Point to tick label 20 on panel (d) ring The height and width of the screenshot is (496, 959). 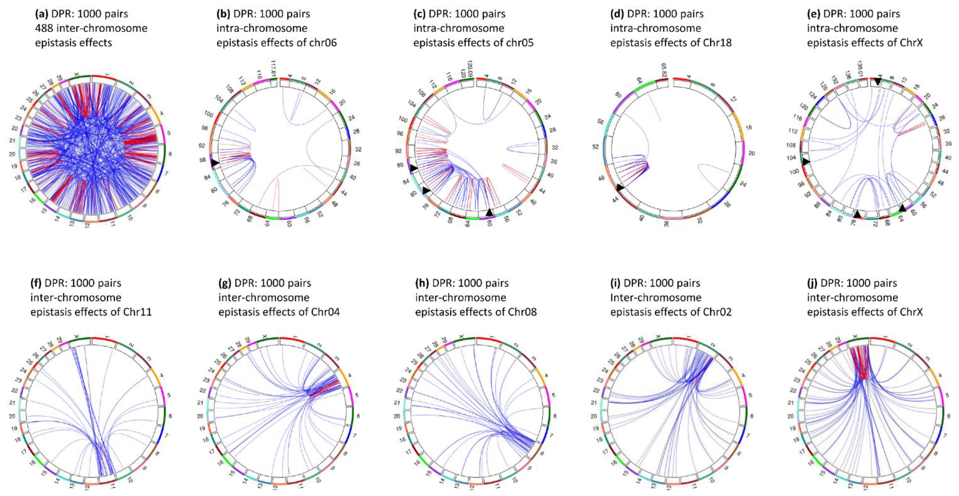tap(752, 153)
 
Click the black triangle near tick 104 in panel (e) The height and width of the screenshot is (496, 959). tap(806, 161)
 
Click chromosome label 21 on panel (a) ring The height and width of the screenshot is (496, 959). tap(12, 141)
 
